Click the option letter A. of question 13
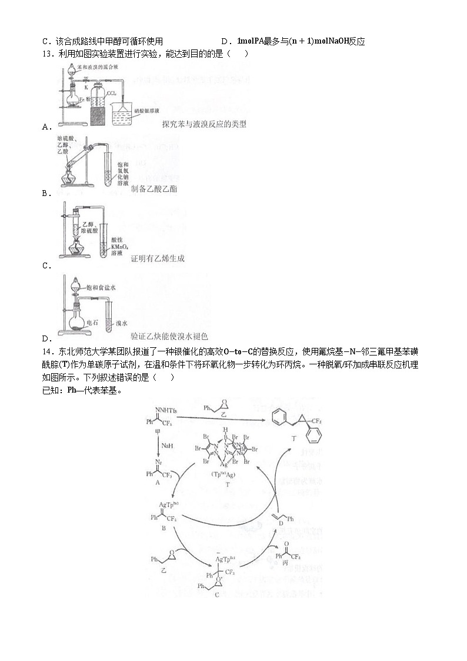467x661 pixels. click(x=45, y=127)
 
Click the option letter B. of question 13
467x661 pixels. click(x=45, y=192)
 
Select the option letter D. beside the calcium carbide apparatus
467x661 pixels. click(x=45, y=338)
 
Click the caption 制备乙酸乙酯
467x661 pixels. click(x=154, y=189)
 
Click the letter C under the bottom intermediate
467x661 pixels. click(x=216, y=595)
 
